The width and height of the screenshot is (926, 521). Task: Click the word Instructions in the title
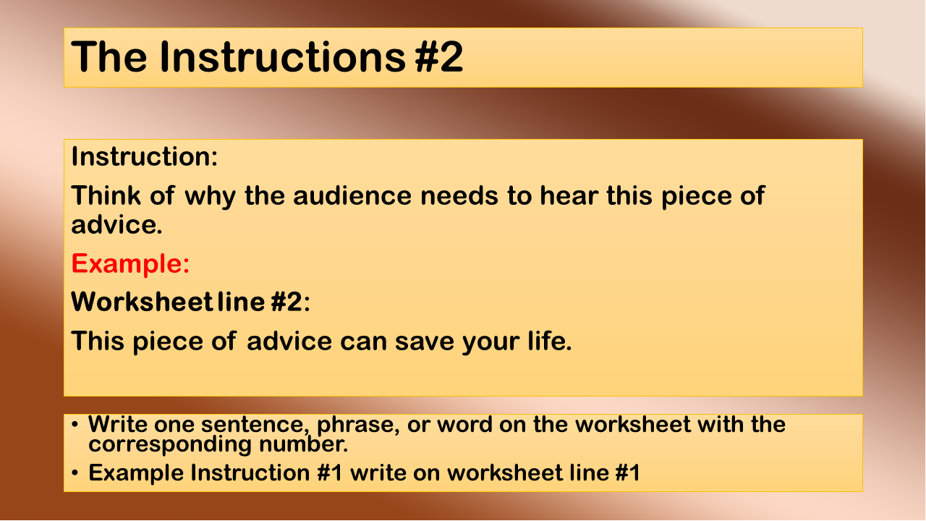pos(283,57)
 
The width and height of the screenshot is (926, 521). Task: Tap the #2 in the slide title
pos(439,57)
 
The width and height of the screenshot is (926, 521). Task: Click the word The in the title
pos(109,57)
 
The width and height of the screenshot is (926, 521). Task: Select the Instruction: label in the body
pos(144,157)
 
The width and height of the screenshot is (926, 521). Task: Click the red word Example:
pos(130,264)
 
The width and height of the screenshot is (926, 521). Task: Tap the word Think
pos(106,195)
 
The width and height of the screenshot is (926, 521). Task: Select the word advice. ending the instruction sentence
pos(116,225)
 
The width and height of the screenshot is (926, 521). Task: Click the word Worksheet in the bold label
pos(142,302)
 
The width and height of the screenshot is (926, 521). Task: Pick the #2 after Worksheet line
pos(287,302)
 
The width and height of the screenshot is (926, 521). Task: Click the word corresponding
pos(170,445)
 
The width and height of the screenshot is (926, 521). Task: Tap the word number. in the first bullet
pos(303,444)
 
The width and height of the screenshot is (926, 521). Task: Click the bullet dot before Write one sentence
pos(75,425)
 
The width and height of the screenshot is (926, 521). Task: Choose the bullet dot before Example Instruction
pos(75,473)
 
